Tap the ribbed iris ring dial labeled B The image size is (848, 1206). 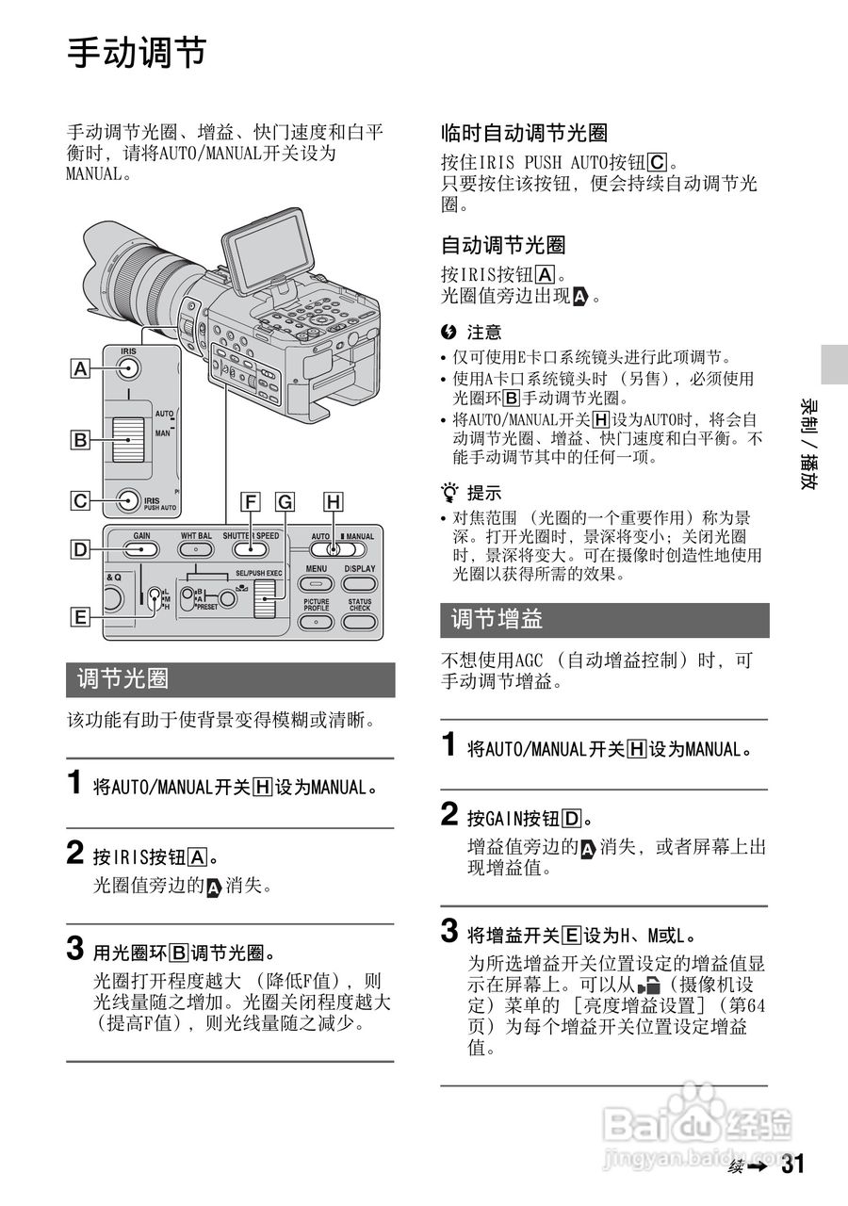coord(128,439)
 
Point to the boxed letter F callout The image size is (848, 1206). coord(250,503)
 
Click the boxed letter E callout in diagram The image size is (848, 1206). coord(81,618)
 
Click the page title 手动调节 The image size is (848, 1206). coord(137,54)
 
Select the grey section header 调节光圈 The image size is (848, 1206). coord(230,678)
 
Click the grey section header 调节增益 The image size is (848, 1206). coord(604,620)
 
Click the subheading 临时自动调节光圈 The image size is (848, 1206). coord(524,133)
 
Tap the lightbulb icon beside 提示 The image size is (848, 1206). coord(451,492)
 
